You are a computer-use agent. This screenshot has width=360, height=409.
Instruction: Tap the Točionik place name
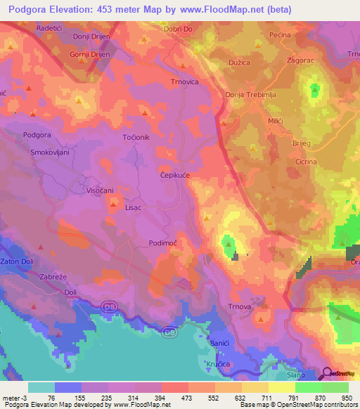(x=136, y=138)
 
